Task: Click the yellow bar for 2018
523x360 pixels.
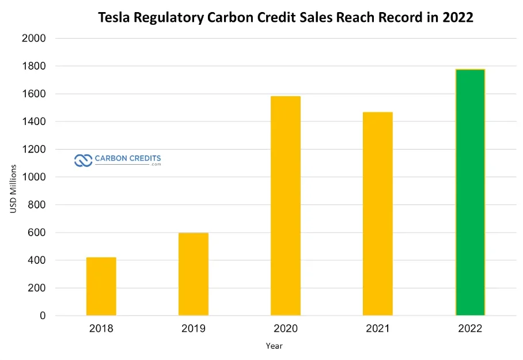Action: pyautogui.click(x=101, y=286)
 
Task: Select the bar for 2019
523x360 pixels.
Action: pyautogui.click(x=194, y=274)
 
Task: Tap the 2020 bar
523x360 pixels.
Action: pyautogui.click(x=286, y=206)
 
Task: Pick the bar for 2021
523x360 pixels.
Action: pyautogui.click(x=378, y=214)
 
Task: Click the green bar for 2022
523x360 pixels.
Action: pyautogui.click(x=470, y=192)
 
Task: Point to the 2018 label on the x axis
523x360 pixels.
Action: pyautogui.click(x=101, y=329)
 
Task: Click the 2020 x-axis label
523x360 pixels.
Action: pyautogui.click(x=286, y=329)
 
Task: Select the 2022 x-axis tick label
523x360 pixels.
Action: pyautogui.click(x=470, y=329)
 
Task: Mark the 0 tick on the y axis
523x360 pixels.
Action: pyautogui.click(x=43, y=316)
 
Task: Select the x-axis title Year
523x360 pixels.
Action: pyautogui.click(x=274, y=346)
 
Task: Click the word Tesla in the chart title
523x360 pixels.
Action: pyautogui.click(x=114, y=18)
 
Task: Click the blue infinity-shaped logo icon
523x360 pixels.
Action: pyautogui.click(x=84, y=160)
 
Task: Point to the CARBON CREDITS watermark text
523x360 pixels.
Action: pyautogui.click(x=128, y=158)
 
